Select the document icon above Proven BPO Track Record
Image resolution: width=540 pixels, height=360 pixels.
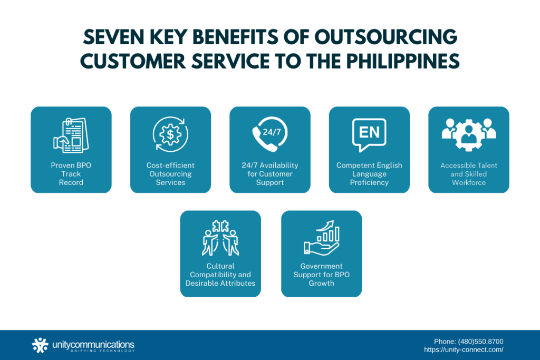71,136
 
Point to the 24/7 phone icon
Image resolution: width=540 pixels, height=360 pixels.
270,134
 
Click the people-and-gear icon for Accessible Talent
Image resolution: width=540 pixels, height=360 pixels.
469,133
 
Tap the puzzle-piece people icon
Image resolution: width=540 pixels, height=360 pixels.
220,238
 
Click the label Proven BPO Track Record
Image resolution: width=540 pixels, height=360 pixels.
71,174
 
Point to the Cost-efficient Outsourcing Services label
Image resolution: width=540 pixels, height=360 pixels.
170,174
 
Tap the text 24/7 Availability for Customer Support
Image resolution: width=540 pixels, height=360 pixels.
270,174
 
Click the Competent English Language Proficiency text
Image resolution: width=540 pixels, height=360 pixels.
369,174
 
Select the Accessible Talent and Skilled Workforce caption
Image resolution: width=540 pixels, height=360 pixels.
469,174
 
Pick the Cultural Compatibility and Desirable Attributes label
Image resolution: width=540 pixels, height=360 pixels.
220,275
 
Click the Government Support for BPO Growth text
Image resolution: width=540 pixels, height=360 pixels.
322,275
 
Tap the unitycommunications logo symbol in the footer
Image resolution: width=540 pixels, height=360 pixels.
40,345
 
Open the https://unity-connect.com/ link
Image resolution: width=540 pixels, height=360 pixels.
464,349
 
